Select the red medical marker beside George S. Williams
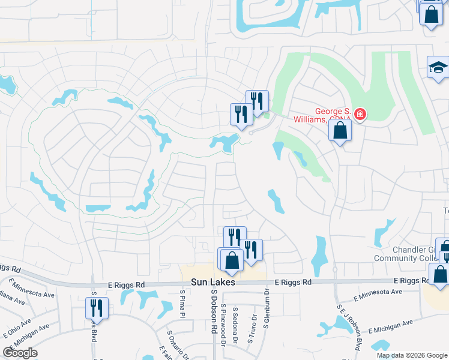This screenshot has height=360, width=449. point(360,113)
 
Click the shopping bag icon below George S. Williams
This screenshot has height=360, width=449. point(340,130)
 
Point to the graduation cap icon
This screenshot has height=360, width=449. point(438,67)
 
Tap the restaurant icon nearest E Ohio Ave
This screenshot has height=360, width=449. point(97,308)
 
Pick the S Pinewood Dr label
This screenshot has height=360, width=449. point(223,325)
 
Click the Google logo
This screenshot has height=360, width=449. point(20,353)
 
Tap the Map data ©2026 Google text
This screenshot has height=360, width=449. point(411,355)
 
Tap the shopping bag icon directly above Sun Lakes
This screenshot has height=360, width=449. point(231,260)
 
